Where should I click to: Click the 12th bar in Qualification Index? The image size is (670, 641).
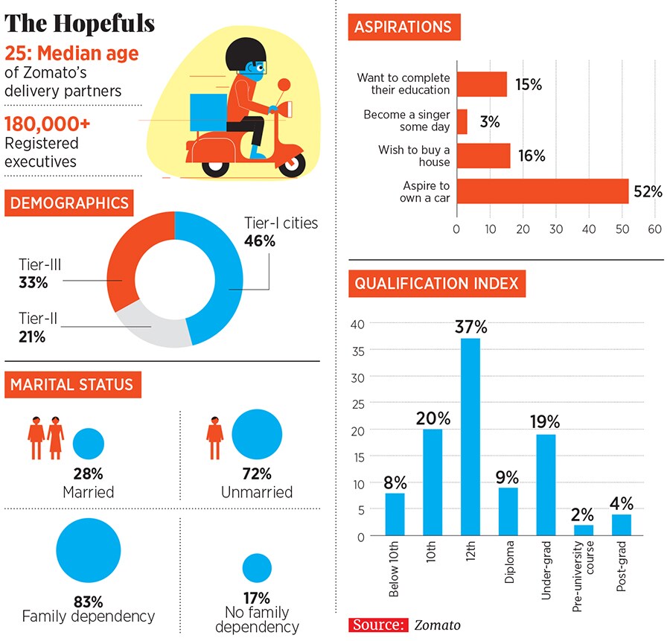pos(470,437)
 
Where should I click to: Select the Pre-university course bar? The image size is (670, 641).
pos(584,530)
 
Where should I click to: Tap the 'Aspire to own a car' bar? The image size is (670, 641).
pos(543,191)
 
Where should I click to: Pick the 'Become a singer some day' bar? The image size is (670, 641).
pos(462,121)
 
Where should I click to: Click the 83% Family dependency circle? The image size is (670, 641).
pos(89,549)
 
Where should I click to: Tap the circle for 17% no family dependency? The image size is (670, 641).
pos(257,568)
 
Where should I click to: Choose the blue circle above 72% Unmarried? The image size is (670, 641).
pos(257,435)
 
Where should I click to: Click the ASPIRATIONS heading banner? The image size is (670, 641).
pos(404,27)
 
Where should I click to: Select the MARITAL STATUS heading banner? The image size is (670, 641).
pos(72,384)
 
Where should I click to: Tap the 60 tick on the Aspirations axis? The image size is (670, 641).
pos(655,229)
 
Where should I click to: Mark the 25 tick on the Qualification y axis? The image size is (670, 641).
pos(358,403)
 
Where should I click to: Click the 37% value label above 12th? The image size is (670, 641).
pos(470,327)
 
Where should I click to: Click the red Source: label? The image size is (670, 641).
pos(379,625)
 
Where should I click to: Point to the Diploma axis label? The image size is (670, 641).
pos(510,568)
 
